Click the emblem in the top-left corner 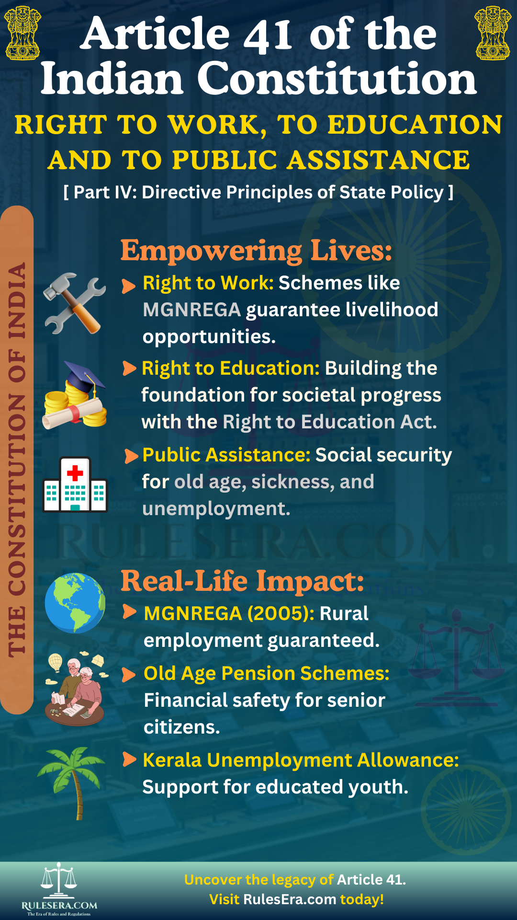coord(22,33)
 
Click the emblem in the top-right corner coord(493,33)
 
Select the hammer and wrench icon coord(74,303)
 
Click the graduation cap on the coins coord(84,377)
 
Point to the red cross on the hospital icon coord(75,473)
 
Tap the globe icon coord(75,603)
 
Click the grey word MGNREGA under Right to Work coord(191,310)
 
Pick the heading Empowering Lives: coord(256,250)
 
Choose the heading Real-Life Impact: coord(242,581)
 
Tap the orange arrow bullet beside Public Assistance coord(131,456)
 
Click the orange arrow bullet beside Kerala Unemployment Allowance coord(130,759)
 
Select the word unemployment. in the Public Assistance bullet coord(216,509)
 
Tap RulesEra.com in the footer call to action coord(290,899)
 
